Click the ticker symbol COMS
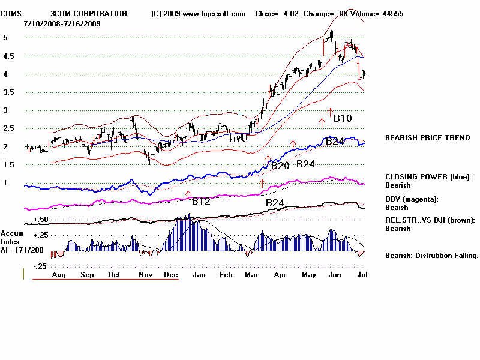tap(11, 14)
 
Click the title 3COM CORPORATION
tap(89, 14)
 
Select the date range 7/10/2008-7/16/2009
tap(62, 23)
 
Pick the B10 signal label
tap(343, 118)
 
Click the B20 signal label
tap(280, 166)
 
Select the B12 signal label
tap(201, 202)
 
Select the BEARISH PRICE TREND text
tap(427, 138)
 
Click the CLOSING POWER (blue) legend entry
tap(428, 177)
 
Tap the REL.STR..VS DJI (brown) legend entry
tap(430, 220)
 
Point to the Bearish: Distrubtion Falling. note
tap(431, 256)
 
